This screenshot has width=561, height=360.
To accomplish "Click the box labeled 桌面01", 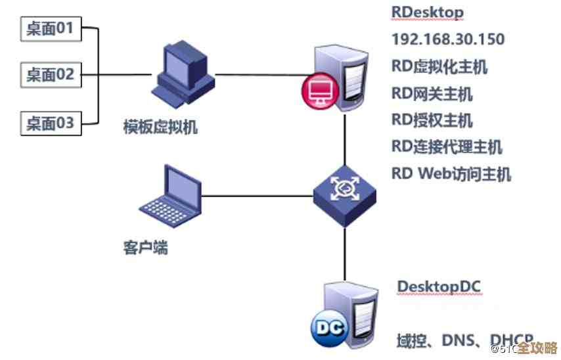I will pyautogui.click(x=50, y=28).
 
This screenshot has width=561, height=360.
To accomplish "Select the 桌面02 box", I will pyautogui.click(x=50, y=75).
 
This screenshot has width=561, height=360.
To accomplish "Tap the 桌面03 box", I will pyautogui.click(x=50, y=123).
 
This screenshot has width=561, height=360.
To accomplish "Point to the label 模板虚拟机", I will pyautogui.click(x=160, y=127).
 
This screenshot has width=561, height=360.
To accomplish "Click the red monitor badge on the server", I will pyautogui.click(x=319, y=93).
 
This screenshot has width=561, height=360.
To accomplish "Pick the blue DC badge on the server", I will pyautogui.click(x=326, y=326).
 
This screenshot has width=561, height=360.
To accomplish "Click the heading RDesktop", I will pyautogui.click(x=428, y=12).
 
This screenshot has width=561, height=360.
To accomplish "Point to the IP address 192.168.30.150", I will pyautogui.click(x=448, y=39).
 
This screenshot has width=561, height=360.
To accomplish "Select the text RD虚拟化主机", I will pyautogui.click(x=439, y=66).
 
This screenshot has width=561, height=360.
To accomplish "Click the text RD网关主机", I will pyautogui.click(x=432, y=93).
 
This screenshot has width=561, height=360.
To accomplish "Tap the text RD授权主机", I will pyautogui.click(x=432, y=120).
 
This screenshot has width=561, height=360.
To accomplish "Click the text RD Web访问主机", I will pyautogui.click(x=451, y=174).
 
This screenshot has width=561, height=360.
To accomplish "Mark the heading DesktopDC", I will pyautogui.click(x=439, y=287).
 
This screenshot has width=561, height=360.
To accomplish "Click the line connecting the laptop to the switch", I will pyautogui.click(x=256, y=195).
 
